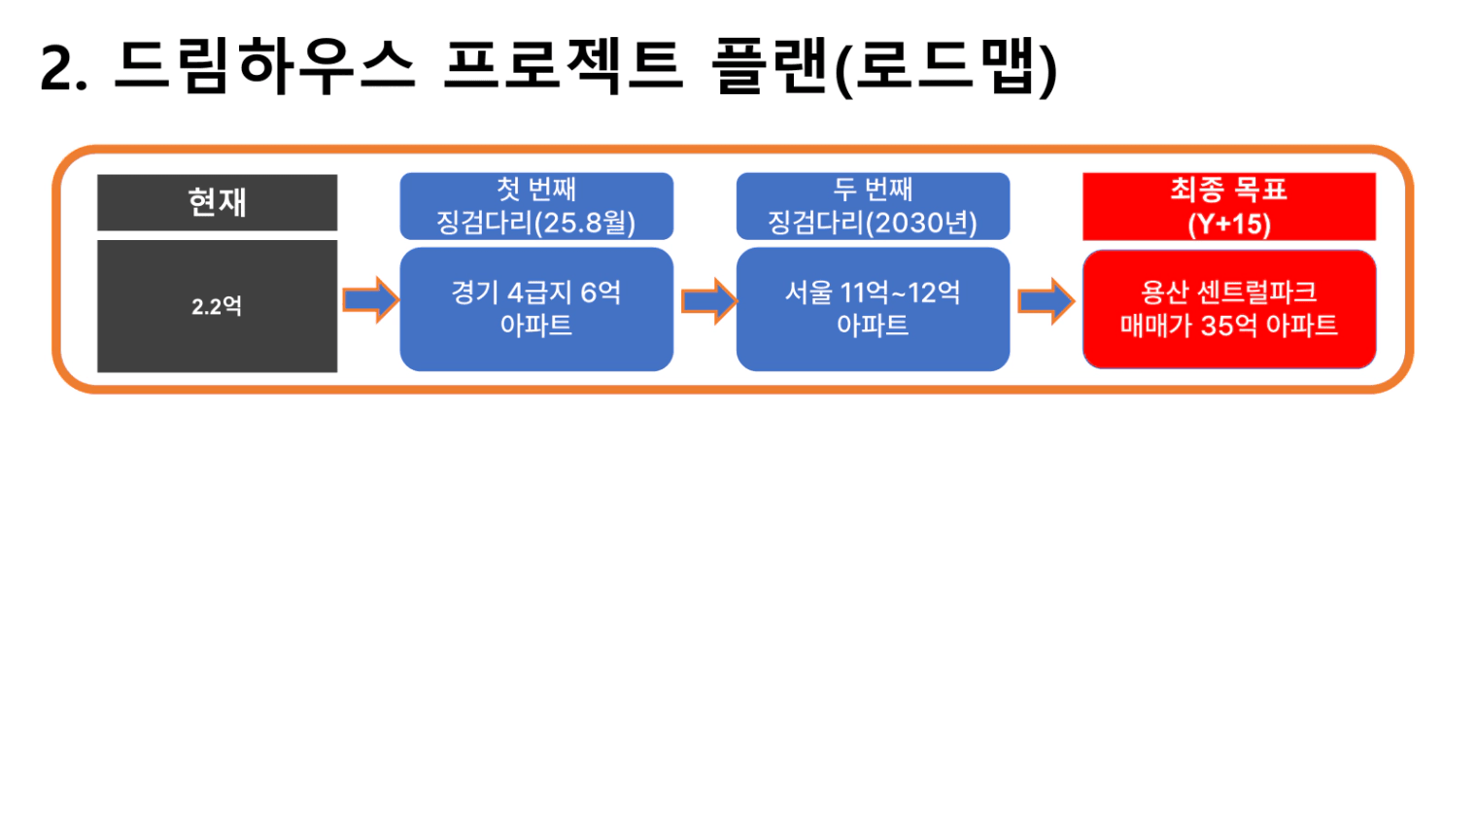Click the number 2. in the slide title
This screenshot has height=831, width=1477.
coord(63,68)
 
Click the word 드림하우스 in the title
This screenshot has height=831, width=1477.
coord(264,66)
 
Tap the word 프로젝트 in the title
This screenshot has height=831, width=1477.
coord(564,66)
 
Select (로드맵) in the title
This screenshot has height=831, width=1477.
coord(946,67)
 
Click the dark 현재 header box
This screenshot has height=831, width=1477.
coord(217,202)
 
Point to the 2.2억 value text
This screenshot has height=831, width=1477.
coord(217,306)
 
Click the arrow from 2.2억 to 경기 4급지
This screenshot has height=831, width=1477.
coord(370,300)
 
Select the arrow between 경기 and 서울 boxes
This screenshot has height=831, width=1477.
coord(708,300)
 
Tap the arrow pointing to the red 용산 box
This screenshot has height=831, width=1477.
coord(1047,300)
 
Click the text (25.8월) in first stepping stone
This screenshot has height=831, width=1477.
coord(585,223)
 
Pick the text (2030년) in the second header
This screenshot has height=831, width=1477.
coord(921,223)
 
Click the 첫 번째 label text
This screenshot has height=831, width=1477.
coord(536,190)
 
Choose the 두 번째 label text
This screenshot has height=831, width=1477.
coord(873,190)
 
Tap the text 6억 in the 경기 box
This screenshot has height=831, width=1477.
coord(601,293)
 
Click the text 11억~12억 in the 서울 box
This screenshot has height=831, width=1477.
coord(900,293)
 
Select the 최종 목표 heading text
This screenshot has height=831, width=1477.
coord(1229,190)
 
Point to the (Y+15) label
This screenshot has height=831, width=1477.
coord(1229,225)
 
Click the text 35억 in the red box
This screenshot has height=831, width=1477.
coord(1229,326)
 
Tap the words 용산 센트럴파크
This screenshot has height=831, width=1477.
coord(1229,293)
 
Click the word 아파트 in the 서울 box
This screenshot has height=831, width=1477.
coord(873,326)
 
